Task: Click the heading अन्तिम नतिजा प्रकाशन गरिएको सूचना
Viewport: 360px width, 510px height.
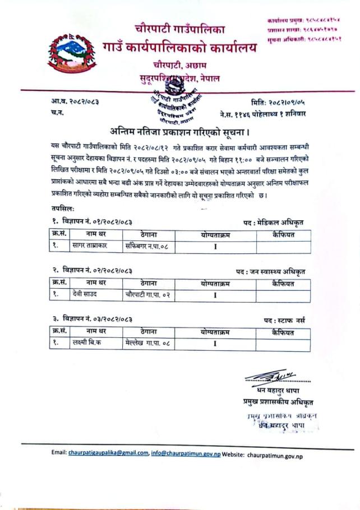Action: (180, 132)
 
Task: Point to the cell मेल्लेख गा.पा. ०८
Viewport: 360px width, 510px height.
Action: (147, 344)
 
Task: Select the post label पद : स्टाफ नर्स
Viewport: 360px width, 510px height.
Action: (285, 320)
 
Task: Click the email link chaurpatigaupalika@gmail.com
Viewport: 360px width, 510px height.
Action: (108, 453)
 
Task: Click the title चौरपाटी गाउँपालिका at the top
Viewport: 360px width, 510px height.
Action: (179, 27)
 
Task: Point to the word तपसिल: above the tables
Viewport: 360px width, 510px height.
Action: (61, 208)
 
